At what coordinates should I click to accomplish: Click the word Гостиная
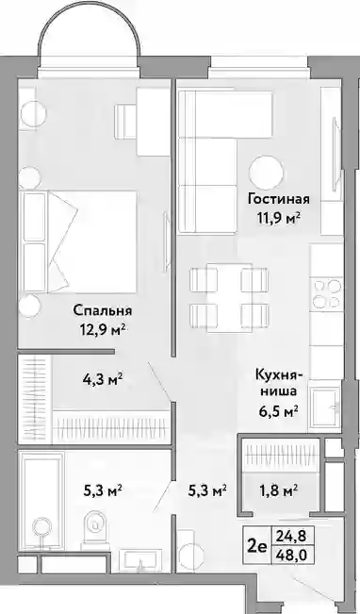(x=279, y=199)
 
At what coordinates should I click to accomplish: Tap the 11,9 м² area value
(x=279, y=217)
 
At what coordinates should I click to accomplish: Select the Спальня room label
(x=103, y=311)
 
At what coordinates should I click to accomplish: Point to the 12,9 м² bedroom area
(x=103, y=328)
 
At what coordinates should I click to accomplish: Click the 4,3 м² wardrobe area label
(x=102, y=379)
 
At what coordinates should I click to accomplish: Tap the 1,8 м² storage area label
(x=280, y=490)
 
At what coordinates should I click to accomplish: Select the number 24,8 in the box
(x=291, y=534)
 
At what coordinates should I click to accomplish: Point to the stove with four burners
(x=327, y=294)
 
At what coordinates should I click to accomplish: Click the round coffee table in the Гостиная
(x=267, y=172)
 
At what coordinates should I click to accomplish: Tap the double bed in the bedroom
(x=80, y=241)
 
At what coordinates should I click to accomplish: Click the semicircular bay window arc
(x=90, y=23)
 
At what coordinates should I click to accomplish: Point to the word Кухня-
(x=279, y=374)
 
